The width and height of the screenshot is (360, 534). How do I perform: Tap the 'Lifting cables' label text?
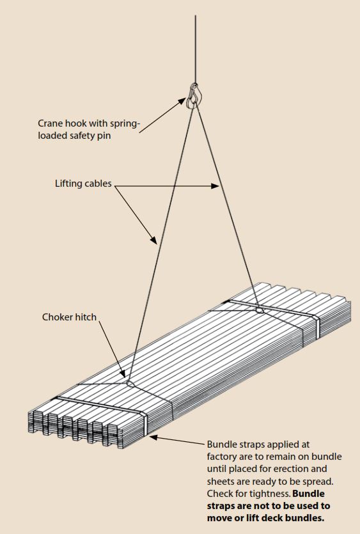(83, 184)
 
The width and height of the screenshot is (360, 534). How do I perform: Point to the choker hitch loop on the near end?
(130, 384)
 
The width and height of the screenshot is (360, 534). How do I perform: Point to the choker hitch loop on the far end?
(258, 310)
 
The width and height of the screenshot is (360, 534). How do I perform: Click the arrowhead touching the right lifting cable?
(216, 186)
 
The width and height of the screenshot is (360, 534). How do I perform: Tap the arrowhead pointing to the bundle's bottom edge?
(153, 437)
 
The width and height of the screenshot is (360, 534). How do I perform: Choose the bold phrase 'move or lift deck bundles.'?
(265, 517)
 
